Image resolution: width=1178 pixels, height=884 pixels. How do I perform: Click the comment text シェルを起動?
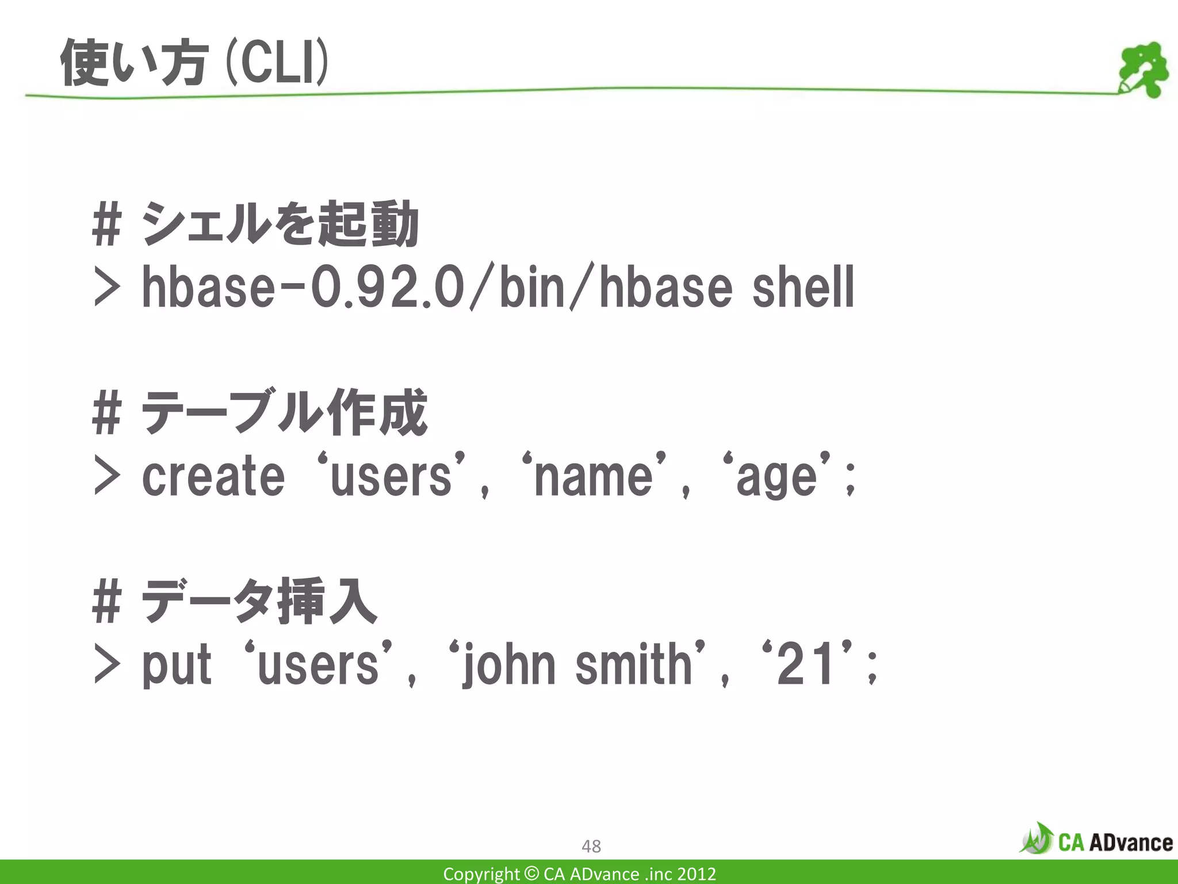tap(280, 225)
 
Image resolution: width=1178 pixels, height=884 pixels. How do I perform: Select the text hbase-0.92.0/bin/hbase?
tap(437, 288)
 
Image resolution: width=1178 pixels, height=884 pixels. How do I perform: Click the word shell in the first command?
tap(802, 288)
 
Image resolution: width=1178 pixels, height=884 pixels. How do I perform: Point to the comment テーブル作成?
tap(284, 414)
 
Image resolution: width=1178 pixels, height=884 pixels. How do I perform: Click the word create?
tap(213, 477)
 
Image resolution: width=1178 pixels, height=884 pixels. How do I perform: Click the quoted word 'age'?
tap(777, 477)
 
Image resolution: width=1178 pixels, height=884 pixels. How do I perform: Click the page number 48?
tap(591, 846)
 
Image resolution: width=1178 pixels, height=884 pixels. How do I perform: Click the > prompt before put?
tap(107, 666)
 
